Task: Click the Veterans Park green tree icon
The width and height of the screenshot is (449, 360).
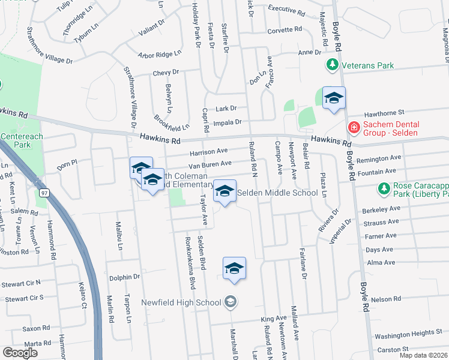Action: [331, 64]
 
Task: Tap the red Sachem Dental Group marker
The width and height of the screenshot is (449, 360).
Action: [354, 128]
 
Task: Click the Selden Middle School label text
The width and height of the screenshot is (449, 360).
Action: [277, 193]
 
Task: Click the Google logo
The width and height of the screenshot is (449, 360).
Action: [20, 353]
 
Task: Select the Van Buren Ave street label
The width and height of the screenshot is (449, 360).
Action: [210, 164]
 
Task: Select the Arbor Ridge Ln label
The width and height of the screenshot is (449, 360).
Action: [160, 54]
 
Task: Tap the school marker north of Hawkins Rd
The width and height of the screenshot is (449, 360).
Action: [334, 98]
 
